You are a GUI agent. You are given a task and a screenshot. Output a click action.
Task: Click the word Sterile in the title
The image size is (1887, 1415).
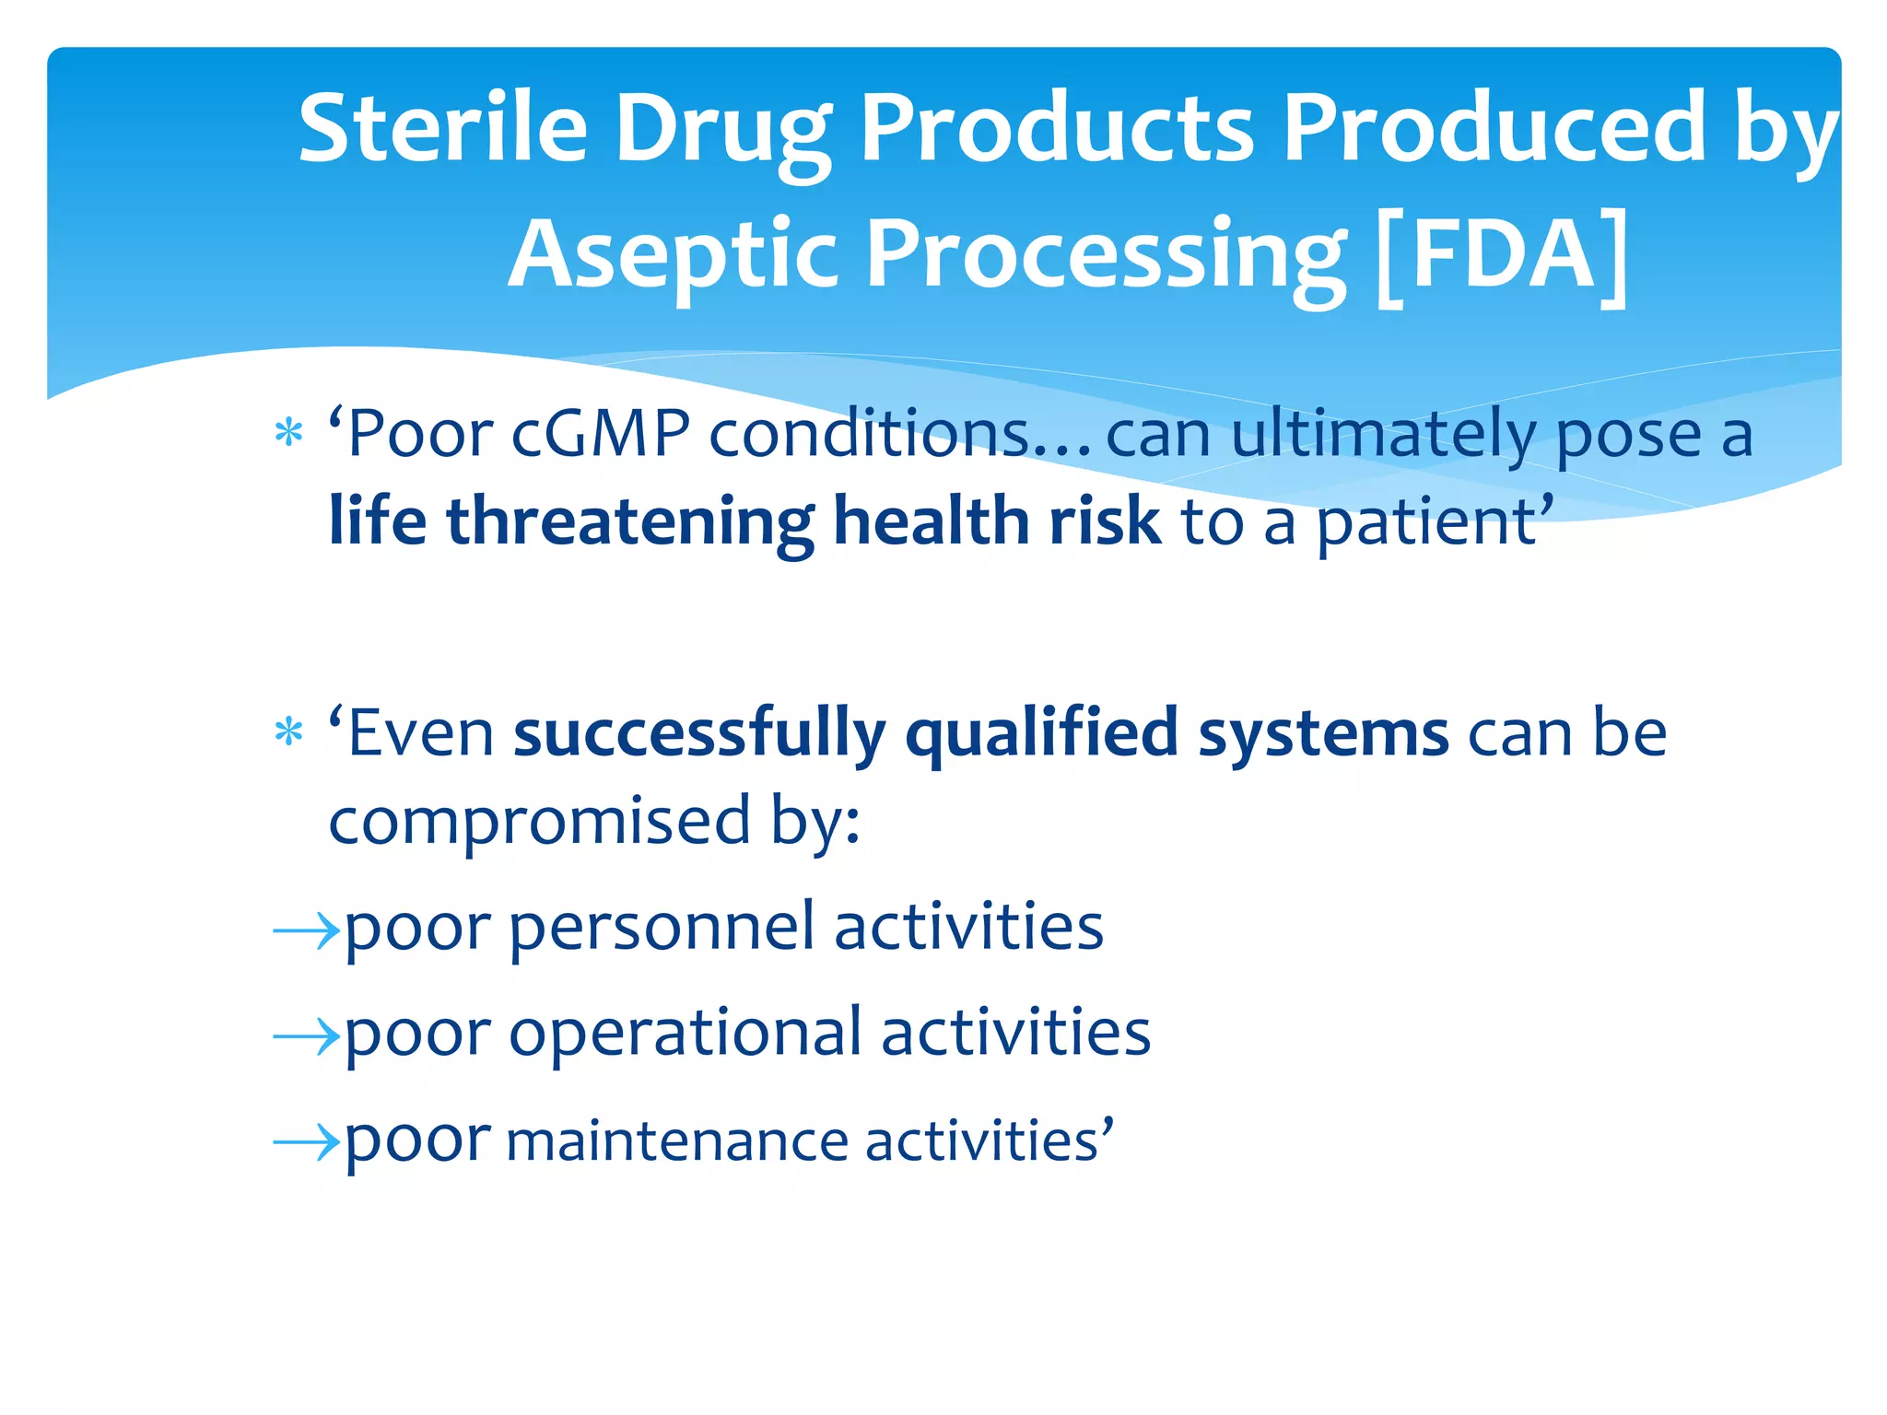coord(443,128)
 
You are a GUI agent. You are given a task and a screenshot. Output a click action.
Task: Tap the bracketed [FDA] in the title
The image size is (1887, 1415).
coord(1501,255)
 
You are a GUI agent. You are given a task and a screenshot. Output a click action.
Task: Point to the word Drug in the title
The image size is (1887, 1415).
coord(723,128)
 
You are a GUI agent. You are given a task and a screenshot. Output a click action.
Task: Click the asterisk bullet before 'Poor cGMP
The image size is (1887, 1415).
coord(289,432)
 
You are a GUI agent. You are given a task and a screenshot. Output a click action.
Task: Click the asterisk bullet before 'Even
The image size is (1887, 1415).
coord(289,732)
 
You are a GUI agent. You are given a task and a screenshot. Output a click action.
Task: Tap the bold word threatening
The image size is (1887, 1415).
coord(630,521)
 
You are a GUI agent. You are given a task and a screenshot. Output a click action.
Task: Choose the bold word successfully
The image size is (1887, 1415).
coord(699,733)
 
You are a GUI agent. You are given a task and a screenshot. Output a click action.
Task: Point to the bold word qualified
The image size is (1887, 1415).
coord(1042,733)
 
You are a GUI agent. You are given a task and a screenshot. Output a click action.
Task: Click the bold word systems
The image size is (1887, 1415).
coord(1323,733)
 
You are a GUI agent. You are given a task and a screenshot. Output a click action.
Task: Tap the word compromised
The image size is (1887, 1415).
coord(540,821)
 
